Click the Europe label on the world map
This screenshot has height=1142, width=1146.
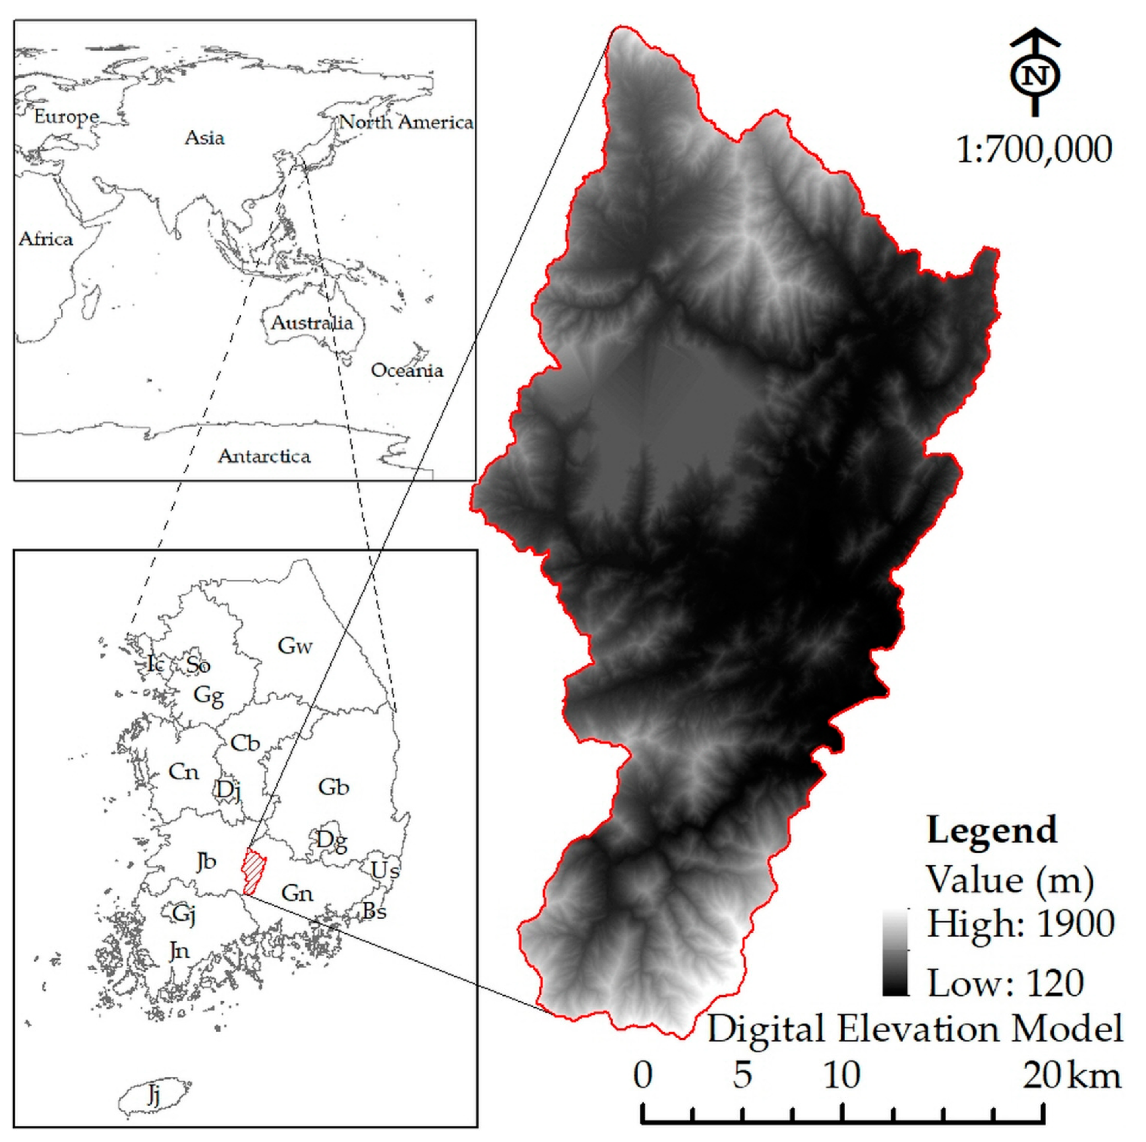pos(66,117)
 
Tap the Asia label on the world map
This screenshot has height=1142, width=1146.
pos(205,138)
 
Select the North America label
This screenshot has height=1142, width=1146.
pos(406,122)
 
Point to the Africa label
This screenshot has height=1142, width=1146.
pos(46,239)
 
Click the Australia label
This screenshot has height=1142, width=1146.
pos(312,322)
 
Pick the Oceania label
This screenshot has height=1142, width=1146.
pos(407,370)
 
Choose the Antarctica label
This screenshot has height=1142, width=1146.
pos(264,456)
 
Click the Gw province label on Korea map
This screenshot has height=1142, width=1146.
pos(295,646)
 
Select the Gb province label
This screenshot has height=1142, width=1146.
pos(333,787)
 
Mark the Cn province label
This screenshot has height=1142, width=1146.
pos(183,772)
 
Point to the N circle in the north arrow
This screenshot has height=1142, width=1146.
pos(1035,76)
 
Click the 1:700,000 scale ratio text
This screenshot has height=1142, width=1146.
pos(1034,149)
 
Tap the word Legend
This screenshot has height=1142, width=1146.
pos(992,830)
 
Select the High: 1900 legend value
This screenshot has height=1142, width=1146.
pos(1020,924)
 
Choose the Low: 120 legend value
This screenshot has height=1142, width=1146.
pos(1005,984)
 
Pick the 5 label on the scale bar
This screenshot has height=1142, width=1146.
pos(742,1075)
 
